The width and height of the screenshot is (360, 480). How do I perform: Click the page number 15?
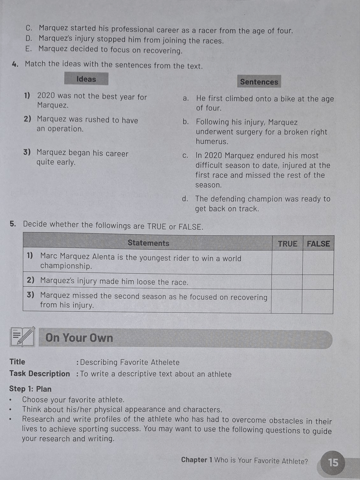point(333,462)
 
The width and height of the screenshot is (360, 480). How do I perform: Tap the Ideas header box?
point(86,79)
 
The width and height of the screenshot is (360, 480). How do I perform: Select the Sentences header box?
point(259,82)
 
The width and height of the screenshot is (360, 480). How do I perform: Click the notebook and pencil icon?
point(23,337)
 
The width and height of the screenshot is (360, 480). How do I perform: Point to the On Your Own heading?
point(79,338)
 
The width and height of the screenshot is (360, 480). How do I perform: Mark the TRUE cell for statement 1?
point(287,262)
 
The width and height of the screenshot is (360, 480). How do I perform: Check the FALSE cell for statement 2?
point(318,282)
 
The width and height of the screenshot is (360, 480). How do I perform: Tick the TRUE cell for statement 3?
point(286,301)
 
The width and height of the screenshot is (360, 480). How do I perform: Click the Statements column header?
point(148,243)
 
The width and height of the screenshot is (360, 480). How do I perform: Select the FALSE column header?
point(318,244)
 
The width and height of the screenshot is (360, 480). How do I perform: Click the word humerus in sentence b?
point(212,142)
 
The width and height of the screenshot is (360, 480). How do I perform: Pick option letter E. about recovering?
point(29,49)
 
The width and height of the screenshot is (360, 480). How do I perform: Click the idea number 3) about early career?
point(27,152)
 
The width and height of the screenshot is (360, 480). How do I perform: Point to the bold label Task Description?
point(39,374)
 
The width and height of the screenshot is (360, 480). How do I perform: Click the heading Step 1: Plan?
point(30,389)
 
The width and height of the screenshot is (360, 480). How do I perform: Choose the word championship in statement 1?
point(66,266)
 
